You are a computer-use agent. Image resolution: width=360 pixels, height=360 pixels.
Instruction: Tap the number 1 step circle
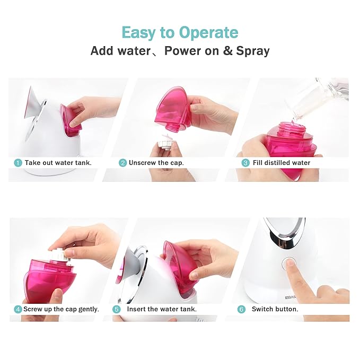tap(18, 163)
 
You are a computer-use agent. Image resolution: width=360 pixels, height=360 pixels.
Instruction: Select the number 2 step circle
tap(122, 163)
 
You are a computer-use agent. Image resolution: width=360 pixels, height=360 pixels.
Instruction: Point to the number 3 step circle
tap(245, 163)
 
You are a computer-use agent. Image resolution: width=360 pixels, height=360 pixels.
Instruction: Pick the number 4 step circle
tap(18, 309)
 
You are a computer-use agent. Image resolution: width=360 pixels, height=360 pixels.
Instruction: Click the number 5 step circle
tap(117, 309)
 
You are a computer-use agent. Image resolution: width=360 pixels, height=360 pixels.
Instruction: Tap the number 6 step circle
tap(241, 309)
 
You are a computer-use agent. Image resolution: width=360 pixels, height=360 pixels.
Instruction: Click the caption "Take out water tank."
tap(58, 163)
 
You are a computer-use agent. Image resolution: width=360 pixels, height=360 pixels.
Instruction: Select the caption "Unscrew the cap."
tap(156, 163)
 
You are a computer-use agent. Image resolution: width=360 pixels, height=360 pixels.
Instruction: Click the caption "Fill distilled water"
tap(281, 163)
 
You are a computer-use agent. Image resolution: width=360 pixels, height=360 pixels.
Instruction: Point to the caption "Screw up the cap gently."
tap(61, 309)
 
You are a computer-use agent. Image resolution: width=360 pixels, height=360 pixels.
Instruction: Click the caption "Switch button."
tap(275, 309)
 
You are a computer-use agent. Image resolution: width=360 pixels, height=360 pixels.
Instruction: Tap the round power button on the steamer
tap(289, 263)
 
